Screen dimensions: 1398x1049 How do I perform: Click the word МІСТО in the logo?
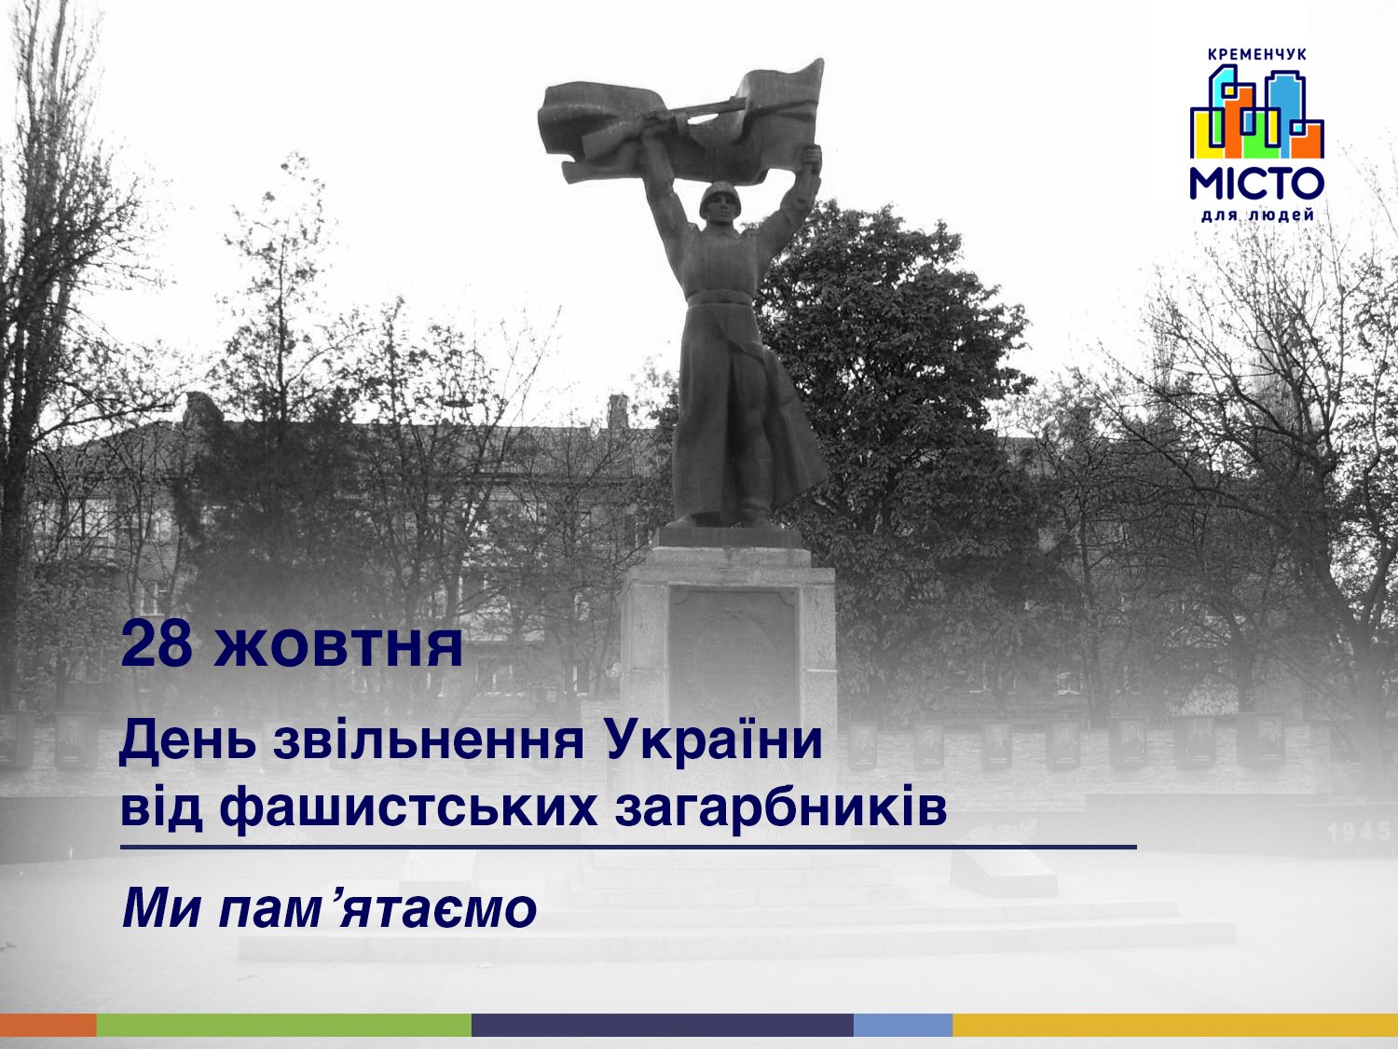[1256, 184]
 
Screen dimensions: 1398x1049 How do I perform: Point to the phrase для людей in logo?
[1257, 216]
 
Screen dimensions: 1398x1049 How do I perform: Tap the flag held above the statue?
[680, 122]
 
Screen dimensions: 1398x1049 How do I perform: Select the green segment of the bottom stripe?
[284, 1026]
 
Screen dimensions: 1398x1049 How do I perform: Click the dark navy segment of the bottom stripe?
[663, 1026]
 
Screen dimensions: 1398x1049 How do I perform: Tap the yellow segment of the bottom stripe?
[1175, 1026]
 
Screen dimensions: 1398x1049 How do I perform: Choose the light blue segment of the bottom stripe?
[903, 1026]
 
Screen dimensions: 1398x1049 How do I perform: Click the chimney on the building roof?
[618, 411]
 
